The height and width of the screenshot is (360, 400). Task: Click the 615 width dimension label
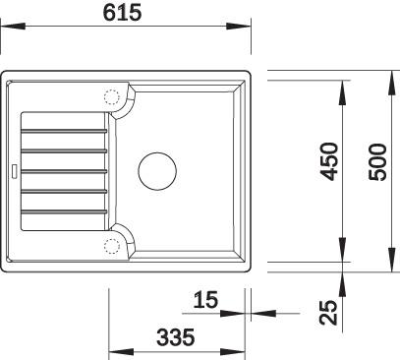[122, 13]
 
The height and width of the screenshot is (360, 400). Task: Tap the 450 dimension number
[329, 161]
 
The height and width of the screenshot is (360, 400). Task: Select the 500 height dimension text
[377, 162]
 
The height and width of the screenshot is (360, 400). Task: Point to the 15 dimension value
[205, 300]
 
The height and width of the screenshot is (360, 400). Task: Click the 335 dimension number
[176, 337]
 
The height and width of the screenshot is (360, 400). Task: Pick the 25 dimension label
[328, 313]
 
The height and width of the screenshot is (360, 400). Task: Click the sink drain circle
[157, 171]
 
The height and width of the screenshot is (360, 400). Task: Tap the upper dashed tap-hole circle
[111, 97]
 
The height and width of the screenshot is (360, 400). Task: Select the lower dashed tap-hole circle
[112, 246]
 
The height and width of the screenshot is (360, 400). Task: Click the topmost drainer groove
[64, 131]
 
